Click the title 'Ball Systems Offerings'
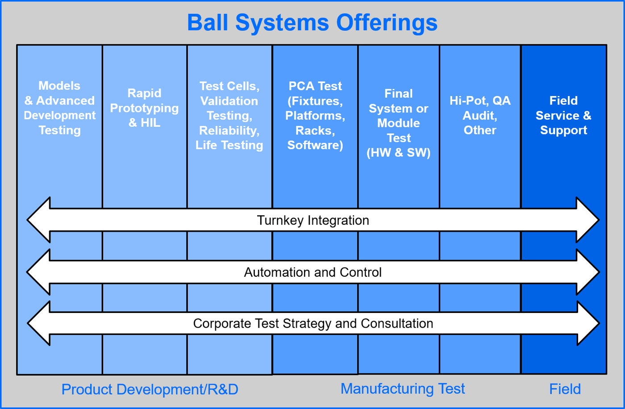pyautogui.click(x=312, y=22)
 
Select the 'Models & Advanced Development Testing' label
pyautogui.click(x=59, y=108)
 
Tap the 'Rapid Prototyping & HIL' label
pyautogui.click(x=144, y=108)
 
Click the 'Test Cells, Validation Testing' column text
pyautogui.click(x=229, y=115)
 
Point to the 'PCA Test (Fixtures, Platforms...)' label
pyautogui.click(x=315, y=115)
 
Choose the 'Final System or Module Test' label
pyautogui.click(x=399, y=123)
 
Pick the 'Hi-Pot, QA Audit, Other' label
pyautogui.click(x=480, y=115)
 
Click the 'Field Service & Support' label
pyautogui.click(x=563, y=115)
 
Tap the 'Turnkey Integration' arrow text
pyautogui.click(x=313, y=220)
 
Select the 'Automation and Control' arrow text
pyautogui.click(x=313, y=272)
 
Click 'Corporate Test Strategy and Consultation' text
pyautogui.click(x=313, y=323)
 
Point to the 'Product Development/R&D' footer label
pyautogui.click(x=150, y=389)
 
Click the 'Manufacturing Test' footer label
pyautogui.click(x=403, y=388)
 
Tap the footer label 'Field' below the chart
pyautogui.click(x=565, y=389)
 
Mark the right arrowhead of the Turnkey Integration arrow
pyautogui.click(x=587, y=220)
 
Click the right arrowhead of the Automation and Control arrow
pyautogui.click(x=587, y=272)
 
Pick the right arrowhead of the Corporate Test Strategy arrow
pyautogui.click(x=587, y=323)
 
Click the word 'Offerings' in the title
pyautogui.click(x=387, y=22)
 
